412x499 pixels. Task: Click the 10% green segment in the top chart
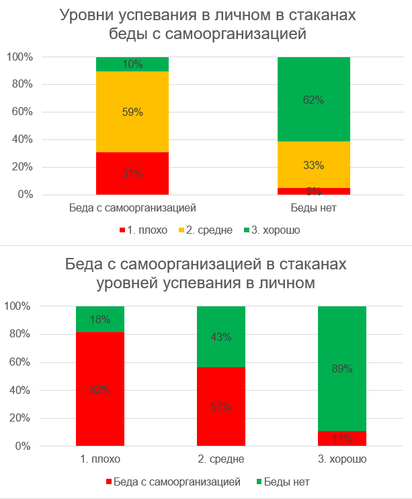coord(132,64)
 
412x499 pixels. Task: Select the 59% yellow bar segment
coord(132,112)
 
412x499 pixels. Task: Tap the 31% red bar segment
coord(132,173)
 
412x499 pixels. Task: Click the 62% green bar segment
coord(314,100)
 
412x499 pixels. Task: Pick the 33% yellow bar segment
coord(314,165)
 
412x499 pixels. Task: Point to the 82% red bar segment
coord(99,389)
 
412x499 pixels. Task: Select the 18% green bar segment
coord(99,319)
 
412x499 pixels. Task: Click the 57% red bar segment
coord(220,406)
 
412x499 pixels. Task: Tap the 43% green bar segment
coord(220,337)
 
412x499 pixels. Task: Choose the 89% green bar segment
coord(341,368)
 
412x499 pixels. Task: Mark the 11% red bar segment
coord(341,438)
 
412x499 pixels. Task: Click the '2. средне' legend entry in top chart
coord(206,230)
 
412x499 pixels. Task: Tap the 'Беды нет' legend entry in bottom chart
coord(286,482)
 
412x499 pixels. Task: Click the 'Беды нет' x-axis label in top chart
coord(314,207)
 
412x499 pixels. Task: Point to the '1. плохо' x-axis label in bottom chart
coord(99,459)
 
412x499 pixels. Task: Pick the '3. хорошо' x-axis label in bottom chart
coord(341,459)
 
